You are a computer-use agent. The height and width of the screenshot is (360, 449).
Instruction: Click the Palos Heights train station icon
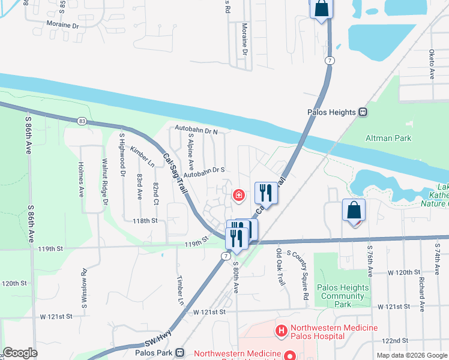[x=363, y=112]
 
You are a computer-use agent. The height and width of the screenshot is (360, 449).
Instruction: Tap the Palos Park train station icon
[x=179, y=352]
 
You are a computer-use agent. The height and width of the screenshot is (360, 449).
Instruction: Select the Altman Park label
[x=388, y=138]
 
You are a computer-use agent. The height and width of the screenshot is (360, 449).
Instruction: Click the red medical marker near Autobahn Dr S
[x=238, y=195]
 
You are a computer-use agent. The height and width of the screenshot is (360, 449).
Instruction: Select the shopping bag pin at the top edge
[x=321, y=8]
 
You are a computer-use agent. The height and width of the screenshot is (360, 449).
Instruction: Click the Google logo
[x=20, y=353]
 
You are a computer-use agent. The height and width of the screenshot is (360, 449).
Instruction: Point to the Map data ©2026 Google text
[x=411, y=355]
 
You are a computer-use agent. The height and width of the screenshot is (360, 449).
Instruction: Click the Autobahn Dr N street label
[x=196, y=129]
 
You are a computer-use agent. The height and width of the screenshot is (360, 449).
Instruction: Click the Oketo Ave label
[x=432, y=65]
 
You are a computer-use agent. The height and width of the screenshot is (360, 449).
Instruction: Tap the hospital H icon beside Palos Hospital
[x=280, y=331]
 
